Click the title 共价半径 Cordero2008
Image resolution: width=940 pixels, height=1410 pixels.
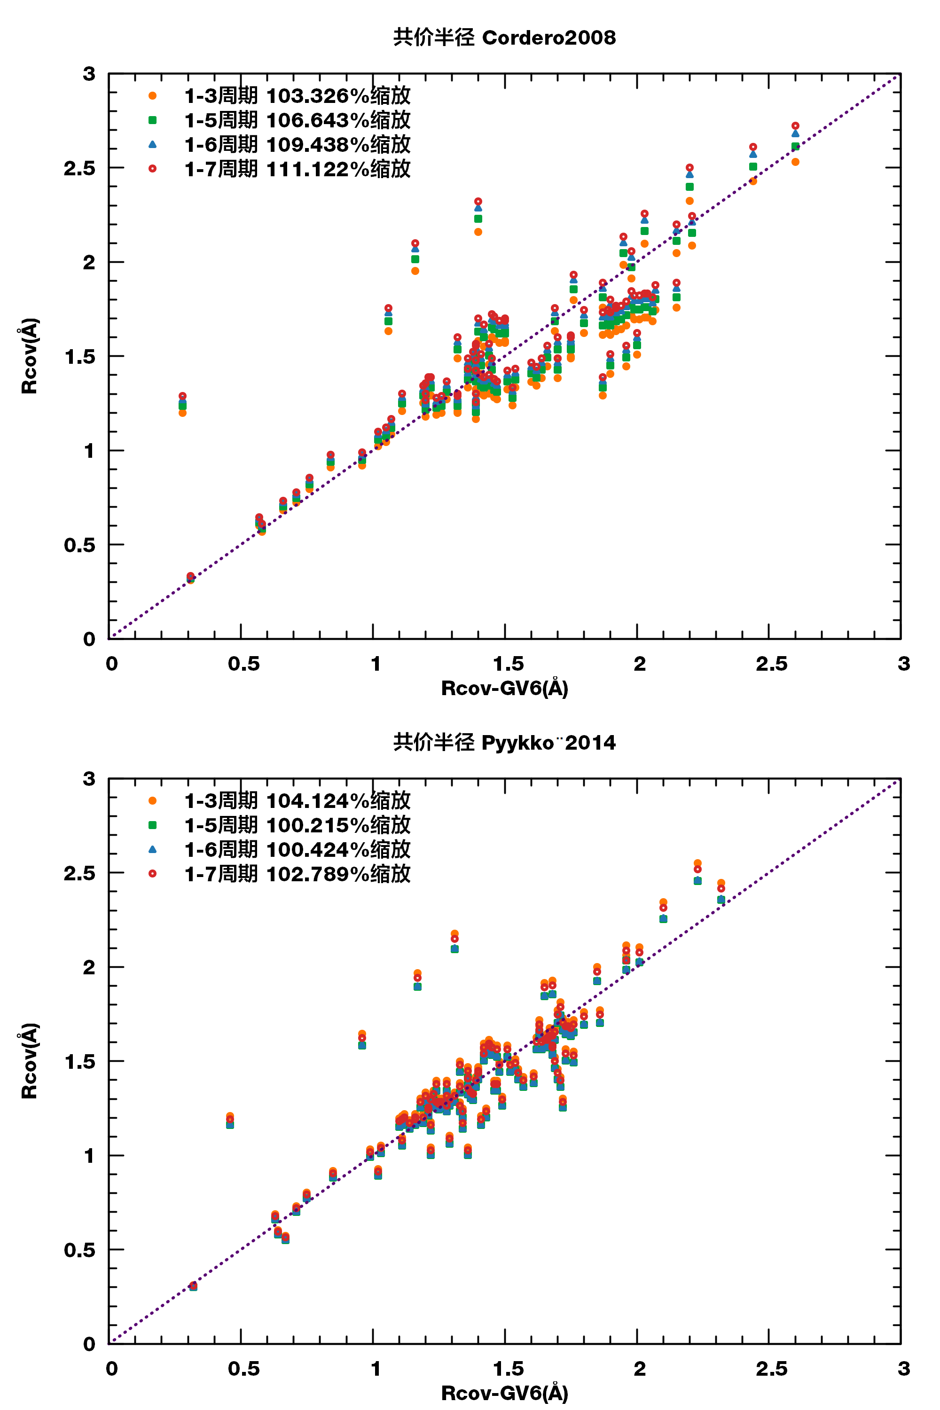click(504, 38)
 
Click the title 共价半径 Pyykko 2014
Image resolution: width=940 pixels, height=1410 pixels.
click(504, 743)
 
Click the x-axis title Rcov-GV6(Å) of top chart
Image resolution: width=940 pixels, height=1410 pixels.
click(504, 688)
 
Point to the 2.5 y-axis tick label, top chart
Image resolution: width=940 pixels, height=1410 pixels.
click(80, 168)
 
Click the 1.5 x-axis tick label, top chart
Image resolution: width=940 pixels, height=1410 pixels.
click(508, 664)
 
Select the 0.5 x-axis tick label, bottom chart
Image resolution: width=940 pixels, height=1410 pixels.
click(244, 1369)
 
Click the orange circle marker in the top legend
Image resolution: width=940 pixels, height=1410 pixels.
click(152, 96)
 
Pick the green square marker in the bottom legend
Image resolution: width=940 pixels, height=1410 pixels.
click(152, 825)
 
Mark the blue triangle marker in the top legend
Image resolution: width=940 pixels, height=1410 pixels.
click(152, 144)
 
